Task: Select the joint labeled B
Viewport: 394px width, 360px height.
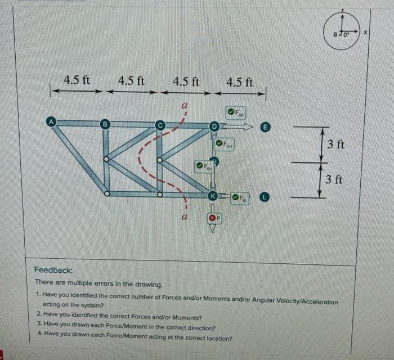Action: [x=104, y=124]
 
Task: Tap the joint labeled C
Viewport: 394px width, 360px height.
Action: [x=159, y=124]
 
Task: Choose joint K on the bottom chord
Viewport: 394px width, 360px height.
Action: [x=212, y=196]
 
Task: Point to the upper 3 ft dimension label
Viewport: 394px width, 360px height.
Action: [x=335, y=144]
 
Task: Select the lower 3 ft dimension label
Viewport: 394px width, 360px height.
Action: [x=335, y=179]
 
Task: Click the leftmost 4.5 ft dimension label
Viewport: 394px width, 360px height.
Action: [x=77, y=79]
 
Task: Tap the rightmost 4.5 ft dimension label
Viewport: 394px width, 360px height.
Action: [x=240, y=82]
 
